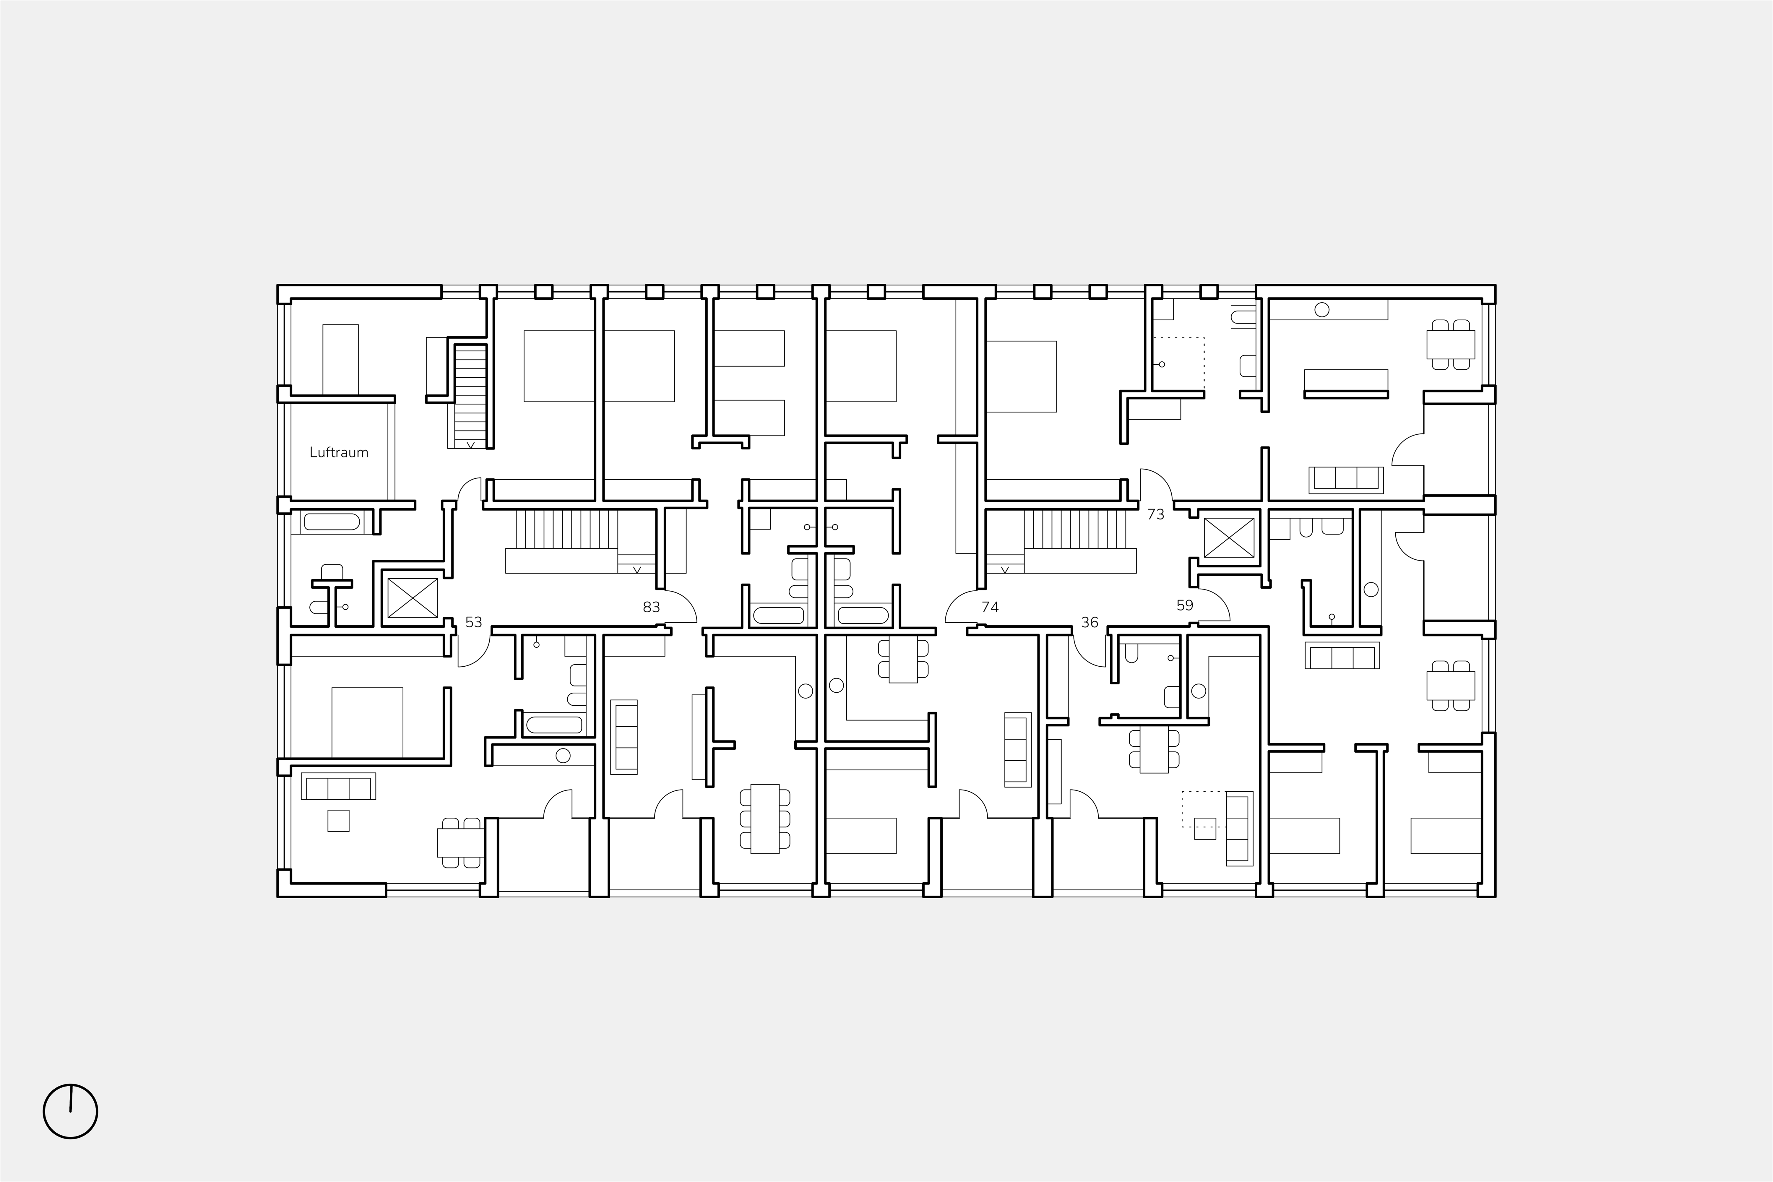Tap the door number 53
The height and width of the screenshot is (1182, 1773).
[473, 622]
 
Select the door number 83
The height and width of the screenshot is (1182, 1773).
[651, 607]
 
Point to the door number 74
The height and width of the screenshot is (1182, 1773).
[990, 607]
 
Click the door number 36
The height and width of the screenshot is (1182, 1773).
[1089, 622]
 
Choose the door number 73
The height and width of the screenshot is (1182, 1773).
[1156, 514]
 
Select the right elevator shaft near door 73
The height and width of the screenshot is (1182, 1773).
[1229, 538]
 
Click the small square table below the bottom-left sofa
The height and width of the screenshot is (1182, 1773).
[338, 820]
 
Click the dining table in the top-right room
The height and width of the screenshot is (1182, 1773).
[1450, 345]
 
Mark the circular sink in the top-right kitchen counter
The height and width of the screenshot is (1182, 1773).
[1321, 309]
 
